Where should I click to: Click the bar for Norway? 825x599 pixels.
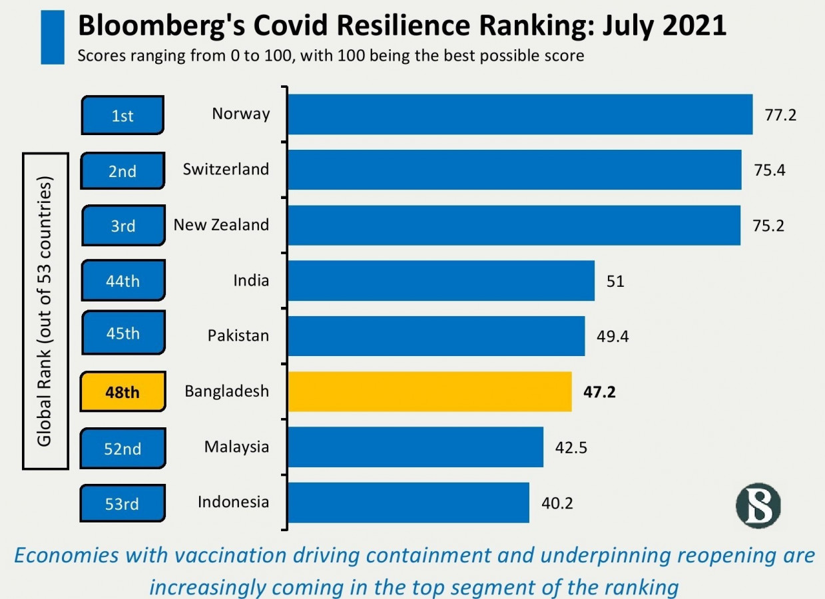click(520, 114)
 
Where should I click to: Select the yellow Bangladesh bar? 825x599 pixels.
click(429, 391)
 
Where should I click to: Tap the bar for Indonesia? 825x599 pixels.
click(408, 502)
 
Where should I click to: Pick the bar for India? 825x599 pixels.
click(441, 280)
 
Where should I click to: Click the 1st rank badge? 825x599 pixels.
click(123, 115)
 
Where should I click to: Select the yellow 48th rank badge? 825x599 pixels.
click(123, 391)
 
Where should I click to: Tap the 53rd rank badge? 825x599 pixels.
click(123, 503)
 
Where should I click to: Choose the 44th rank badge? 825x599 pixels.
click(123, 281)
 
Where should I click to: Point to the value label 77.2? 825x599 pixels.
click(780, 115)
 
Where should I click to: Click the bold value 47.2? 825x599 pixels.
click(599, 391)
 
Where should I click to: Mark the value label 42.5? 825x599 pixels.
click(571, 447)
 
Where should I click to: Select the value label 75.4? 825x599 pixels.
click(770, 170)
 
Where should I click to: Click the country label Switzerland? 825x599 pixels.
click(226, 169)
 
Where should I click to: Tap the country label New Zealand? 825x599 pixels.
click(221, 225)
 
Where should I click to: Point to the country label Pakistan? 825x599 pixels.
click(238, 335)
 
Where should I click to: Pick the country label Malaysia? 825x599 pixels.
click(236, 446)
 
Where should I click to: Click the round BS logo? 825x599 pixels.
click(758, 505)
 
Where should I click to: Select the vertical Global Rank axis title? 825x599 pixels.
click(45, 311)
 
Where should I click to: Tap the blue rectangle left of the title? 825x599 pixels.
click(53, 37)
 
